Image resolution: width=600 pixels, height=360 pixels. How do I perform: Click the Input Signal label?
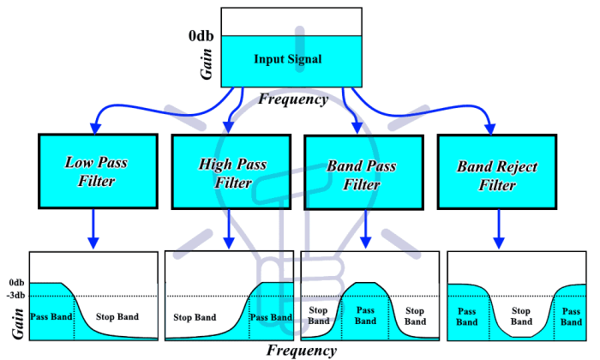(x=287, y=59)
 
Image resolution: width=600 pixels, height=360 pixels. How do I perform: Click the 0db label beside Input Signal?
(x=203, y=35)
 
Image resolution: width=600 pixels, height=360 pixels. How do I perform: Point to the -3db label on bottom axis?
(x=15, y=296)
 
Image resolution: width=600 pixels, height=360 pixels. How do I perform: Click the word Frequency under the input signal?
(x=292, y=99)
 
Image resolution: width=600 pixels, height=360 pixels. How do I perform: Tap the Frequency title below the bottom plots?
(x=301, y=350)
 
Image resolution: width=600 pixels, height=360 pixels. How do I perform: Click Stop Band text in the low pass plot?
(x=117, y=317)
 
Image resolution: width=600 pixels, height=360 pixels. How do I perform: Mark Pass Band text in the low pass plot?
(x=50, y=316)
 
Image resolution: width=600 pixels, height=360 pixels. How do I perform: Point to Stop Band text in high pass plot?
(x=195, y=317)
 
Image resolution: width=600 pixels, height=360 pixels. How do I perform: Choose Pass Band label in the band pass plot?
(x=365, y=315)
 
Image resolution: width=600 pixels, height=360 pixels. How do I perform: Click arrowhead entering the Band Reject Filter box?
(x=490, y=129)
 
